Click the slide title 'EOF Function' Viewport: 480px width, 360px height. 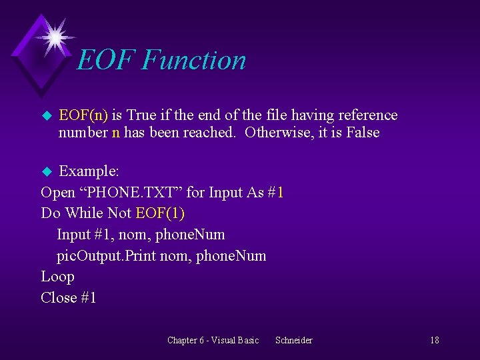coord(161,60)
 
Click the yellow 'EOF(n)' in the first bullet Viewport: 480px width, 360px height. coord(83,115)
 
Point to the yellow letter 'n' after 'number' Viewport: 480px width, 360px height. coord(116,133)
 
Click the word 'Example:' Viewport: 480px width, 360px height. coord(89,171)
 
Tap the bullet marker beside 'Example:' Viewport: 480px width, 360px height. coord(46,172)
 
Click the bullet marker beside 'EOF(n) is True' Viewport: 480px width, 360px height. coord(46,116)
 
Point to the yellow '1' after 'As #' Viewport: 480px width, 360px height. coord(280,193)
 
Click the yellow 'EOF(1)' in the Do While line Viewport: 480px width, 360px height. coord(160,213)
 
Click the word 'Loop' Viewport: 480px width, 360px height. coord(57,277)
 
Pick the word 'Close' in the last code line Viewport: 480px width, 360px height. coord(58,298)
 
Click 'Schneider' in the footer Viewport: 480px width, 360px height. coord(293,341)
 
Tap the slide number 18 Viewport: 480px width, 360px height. coord(434,341)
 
